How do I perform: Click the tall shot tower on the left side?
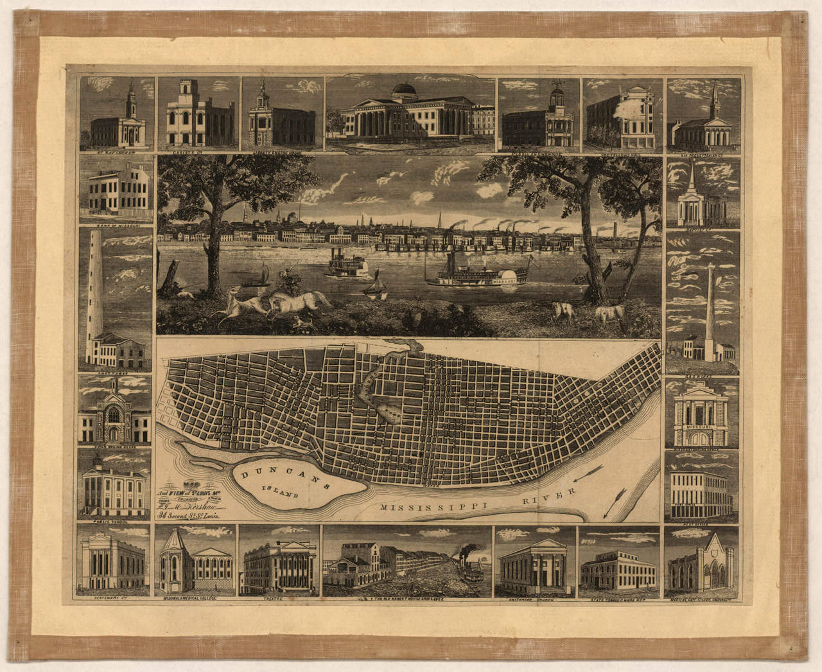pos(96,283)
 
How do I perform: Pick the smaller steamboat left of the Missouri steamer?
pos(347,265)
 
